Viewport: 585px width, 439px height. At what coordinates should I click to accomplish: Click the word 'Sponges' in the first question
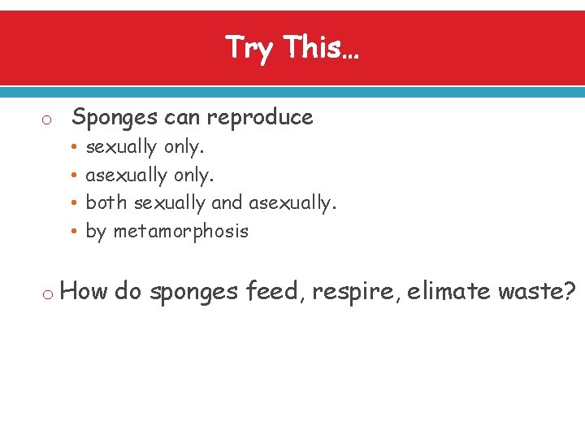coord(115,118)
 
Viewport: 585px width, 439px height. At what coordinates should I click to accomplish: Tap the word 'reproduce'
coord(259,118)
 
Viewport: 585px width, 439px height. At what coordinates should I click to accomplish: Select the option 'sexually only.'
coord(145,147)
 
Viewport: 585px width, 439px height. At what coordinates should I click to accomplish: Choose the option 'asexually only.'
coord(150,175)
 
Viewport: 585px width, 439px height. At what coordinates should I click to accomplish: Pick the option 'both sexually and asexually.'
coord(210,202)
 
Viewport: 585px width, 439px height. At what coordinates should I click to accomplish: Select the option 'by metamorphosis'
coord(167,231)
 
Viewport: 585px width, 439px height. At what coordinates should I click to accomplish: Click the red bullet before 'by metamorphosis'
coord(73,232)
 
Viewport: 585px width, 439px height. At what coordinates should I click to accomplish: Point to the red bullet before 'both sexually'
coord(73,203)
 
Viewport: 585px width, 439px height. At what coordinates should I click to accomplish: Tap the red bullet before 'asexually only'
coord(73,176)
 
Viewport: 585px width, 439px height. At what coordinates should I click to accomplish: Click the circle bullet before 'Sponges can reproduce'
coord(47,120)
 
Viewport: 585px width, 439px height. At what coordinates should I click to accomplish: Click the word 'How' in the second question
coord(84,291)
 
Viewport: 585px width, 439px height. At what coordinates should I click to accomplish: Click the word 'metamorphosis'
coord(180,231)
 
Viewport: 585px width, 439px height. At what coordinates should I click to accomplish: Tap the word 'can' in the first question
coord(182,118)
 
